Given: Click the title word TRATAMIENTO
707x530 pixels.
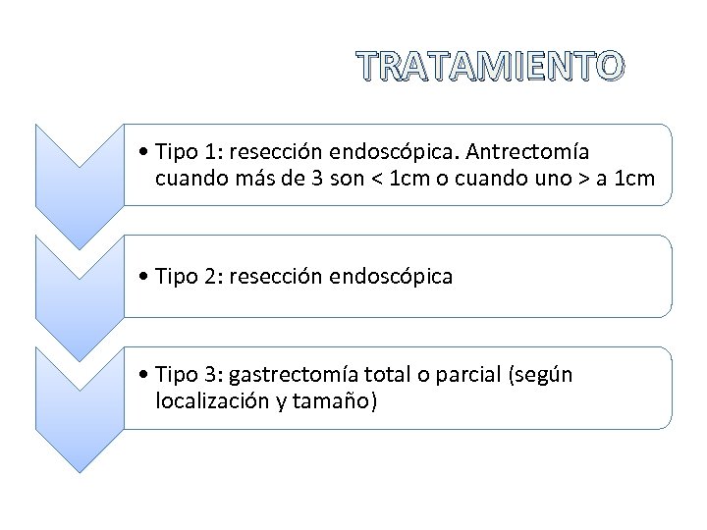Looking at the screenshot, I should [x=489, y=66].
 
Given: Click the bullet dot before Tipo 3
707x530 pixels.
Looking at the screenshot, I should [x=144, y=375].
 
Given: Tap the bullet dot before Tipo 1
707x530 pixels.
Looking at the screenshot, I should [x=144, y=152].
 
